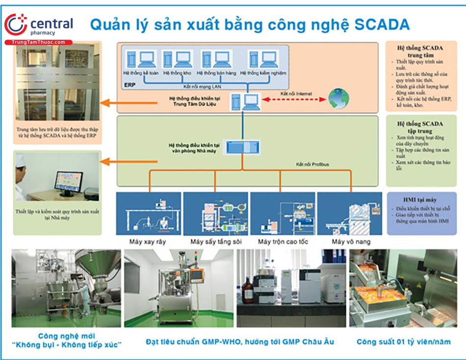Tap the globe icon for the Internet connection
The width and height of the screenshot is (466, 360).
coord(339,98)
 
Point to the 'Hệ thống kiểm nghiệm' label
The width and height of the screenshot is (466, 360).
coord(267,73)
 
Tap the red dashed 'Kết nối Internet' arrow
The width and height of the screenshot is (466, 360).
coord(293,99)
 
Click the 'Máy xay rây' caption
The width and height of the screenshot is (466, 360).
coord(148,242)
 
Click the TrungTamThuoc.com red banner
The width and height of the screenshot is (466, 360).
coord(38,43)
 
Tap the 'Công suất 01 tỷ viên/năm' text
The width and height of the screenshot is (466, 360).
coord(403,342)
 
